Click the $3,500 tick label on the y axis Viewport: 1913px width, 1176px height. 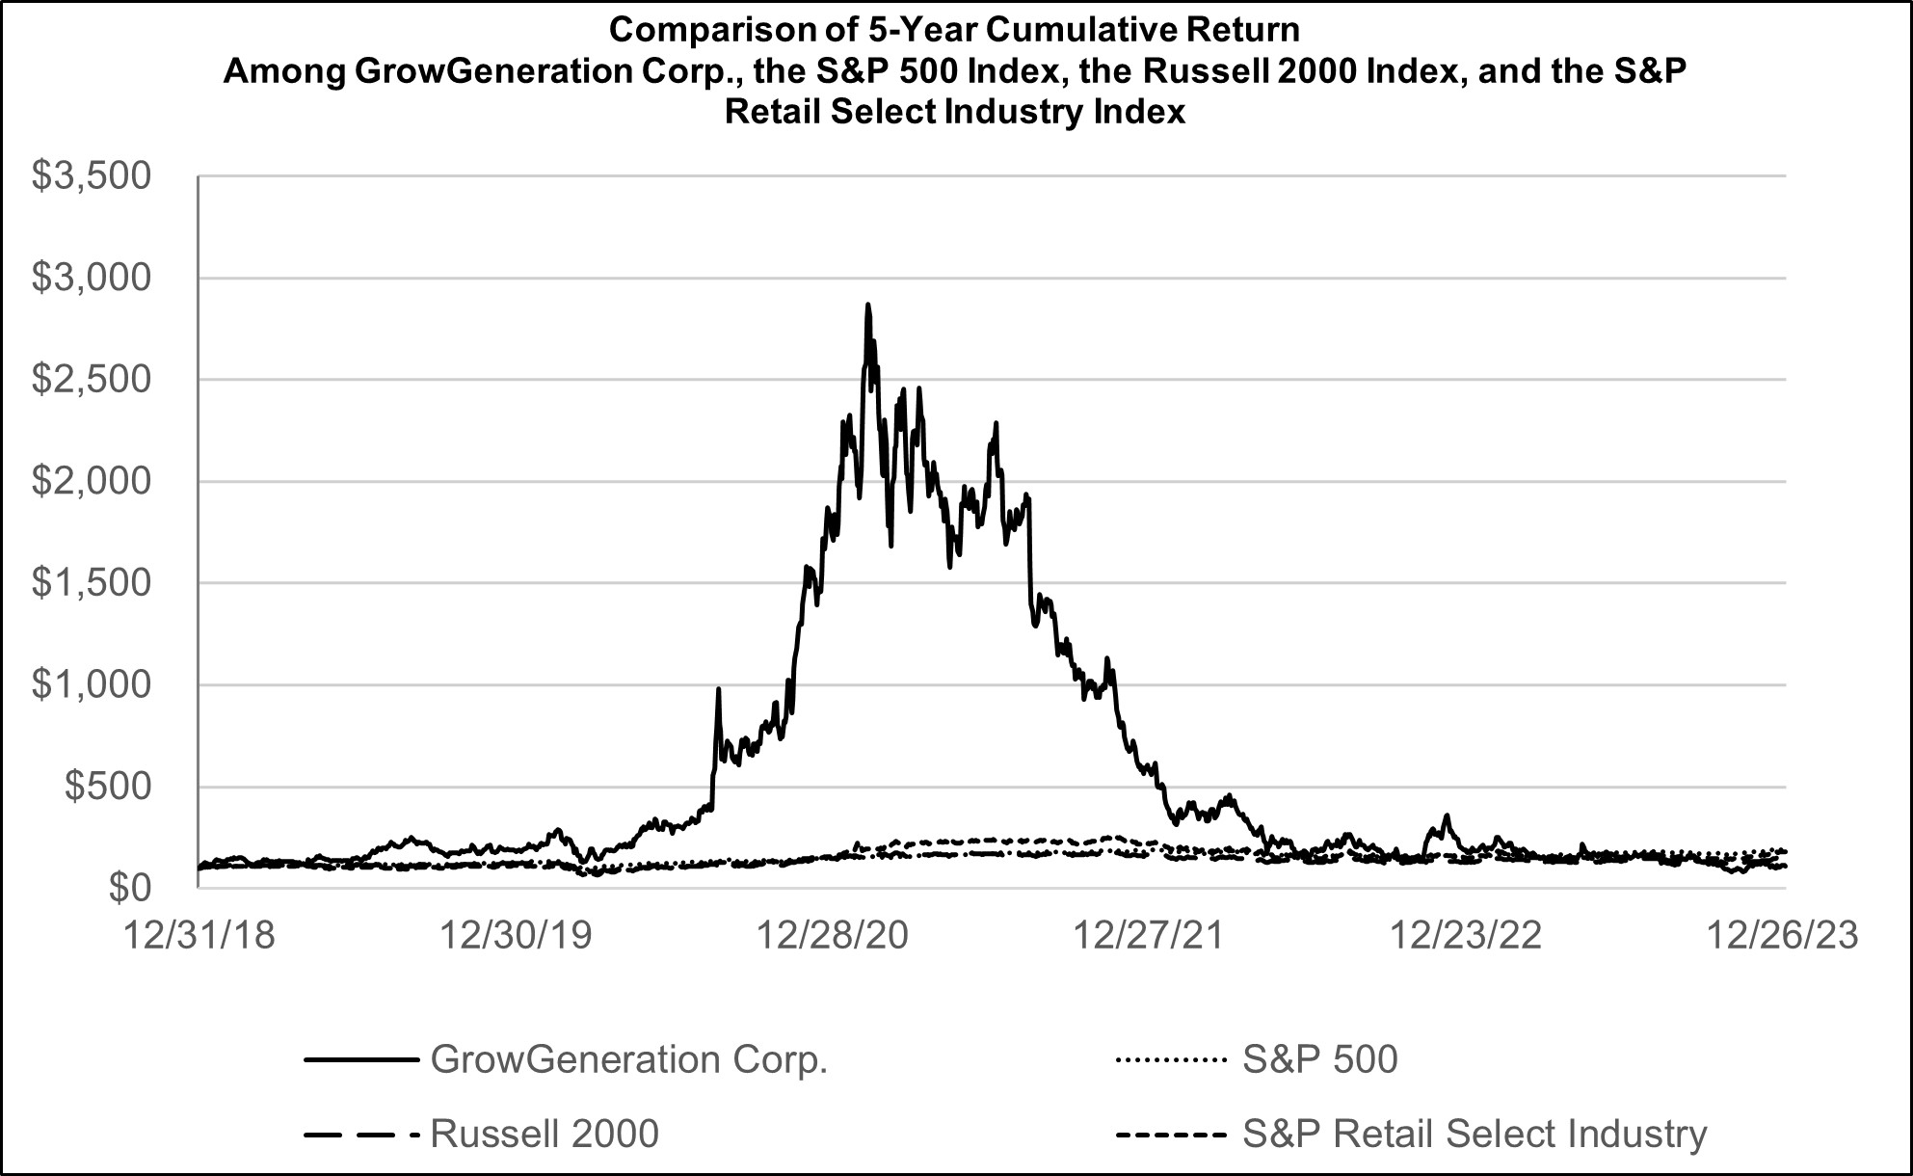click(92, 176)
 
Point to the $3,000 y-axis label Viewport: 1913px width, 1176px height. click(92, 279)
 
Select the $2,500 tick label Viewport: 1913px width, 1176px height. click(92, 380)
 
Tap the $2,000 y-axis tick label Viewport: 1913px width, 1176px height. click(92, 481)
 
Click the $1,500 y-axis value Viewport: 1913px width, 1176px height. click(92, 583)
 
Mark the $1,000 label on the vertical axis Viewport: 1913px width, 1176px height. click(92, 684)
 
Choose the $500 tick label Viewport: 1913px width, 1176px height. click(107, 787)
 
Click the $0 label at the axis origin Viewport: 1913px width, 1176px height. click(130, 888)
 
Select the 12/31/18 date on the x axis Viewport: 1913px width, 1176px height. click(199, 936)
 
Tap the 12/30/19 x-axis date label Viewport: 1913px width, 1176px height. click(516, 936)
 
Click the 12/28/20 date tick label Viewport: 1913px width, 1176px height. click(833, 936)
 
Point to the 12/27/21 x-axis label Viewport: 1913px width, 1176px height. click(1149, 936)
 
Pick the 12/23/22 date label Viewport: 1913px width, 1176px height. click(1466, 936)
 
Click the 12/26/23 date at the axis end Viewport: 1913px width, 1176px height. click(1783, 936)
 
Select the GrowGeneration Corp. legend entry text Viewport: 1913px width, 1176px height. click(628, 1060)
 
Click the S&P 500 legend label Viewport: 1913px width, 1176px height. click(1319, 1060)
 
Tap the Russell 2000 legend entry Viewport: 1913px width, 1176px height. click(545, 1135)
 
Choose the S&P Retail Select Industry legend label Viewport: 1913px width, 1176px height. click(1475, 1135)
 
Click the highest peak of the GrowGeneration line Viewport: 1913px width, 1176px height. click(867, 306)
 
